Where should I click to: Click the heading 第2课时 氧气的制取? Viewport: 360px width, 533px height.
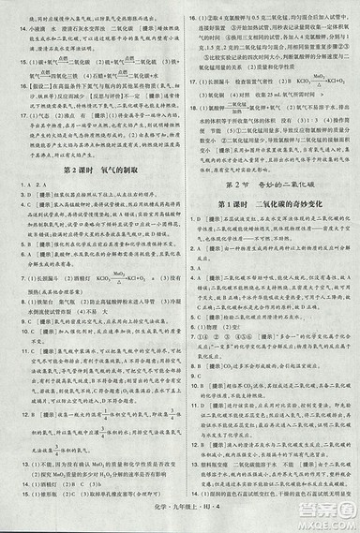(89, 171)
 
